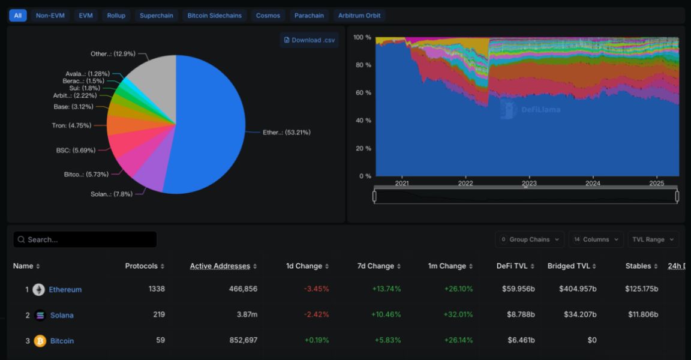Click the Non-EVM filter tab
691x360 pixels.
coord(50,16)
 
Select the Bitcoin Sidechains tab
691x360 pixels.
coord(214,16)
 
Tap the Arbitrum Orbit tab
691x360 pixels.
coord(359,16)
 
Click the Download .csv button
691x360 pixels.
coord(310,40)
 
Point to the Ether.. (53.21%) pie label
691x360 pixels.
coord(286,132)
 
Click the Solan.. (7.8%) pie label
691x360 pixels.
coord(112,194)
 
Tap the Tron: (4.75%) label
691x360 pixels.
coord(71,126)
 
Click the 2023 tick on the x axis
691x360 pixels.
coord(529,184)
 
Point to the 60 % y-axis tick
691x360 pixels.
coord(362,93)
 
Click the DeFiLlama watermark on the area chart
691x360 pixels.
coord(530,110)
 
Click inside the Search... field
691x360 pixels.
coord(85,239)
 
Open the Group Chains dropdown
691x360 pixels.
coord(530,239)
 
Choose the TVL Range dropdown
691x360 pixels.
coord(653,239)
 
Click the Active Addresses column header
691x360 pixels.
coord(220,266)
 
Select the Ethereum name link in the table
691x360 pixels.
coord(65,290)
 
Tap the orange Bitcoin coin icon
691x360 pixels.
coord(40,341)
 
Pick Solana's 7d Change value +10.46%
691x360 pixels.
coord(386,315)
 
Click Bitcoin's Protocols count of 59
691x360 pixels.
coord(160,341)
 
